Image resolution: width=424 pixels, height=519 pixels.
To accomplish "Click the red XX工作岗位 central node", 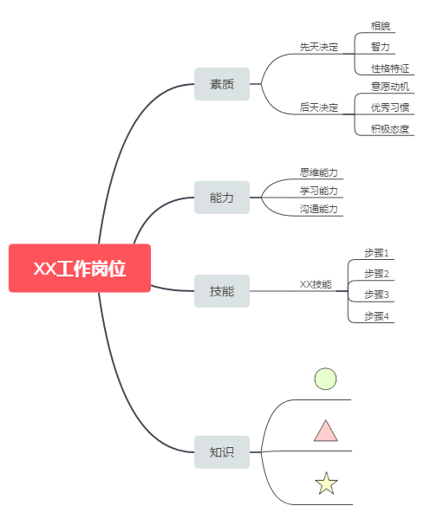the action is click(x=80, y=268).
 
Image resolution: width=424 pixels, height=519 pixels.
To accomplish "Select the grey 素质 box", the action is click(x=222, y=84).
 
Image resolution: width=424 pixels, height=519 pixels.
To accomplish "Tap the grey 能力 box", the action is click(x=222, y=198).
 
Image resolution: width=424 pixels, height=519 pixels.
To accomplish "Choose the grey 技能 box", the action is click(x=222, y=291).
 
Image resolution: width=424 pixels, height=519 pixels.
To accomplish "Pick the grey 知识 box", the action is click(x=222, y=451).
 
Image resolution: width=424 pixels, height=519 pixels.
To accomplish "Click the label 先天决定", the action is click(x=319, y=47).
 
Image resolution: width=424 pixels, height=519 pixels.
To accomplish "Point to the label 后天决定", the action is click(x=319, y=107).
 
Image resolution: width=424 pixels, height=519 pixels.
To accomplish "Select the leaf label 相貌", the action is click(x=381, y=26).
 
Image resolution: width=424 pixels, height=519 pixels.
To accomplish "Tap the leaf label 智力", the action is click(x=381, y=47).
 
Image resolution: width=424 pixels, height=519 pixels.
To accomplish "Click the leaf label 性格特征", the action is click(x=390, y=68).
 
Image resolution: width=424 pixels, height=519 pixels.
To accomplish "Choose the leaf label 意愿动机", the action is click(x=390, y=87).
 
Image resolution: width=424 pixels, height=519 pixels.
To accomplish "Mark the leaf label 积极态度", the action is click(x=390, y=129).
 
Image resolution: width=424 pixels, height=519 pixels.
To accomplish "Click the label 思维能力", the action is click(x=319, y=172).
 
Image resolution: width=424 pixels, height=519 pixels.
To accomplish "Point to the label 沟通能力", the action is click(x=319, y=209).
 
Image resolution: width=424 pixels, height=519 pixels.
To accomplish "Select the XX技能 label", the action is click(x=316, y=284).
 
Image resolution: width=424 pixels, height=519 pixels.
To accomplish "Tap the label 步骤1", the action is click(x=376, y=253).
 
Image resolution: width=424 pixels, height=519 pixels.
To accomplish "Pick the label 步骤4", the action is click(x=376, y=316).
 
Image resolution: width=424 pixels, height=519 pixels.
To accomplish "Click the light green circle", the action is click(x=326, y=379).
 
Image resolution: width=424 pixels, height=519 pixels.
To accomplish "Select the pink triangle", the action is click(x=326, y=431).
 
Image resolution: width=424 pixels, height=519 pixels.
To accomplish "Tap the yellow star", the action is click(x=326, y=484).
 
